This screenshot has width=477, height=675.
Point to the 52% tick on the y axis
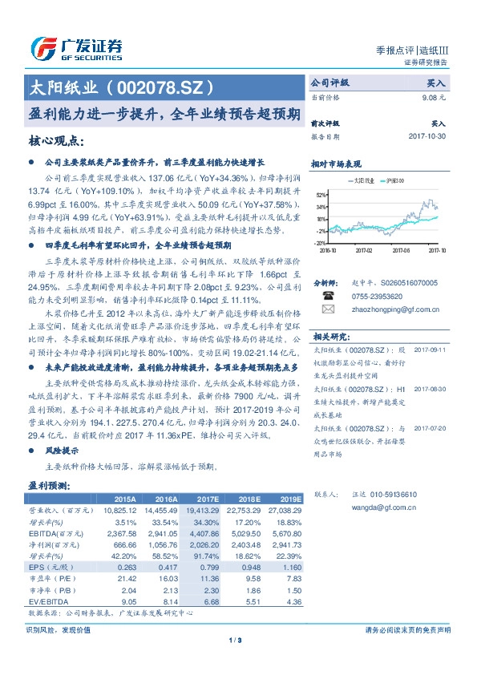point(321,195)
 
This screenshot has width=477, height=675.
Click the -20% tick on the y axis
point(320,242)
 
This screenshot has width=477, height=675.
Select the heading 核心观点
point(56,142)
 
